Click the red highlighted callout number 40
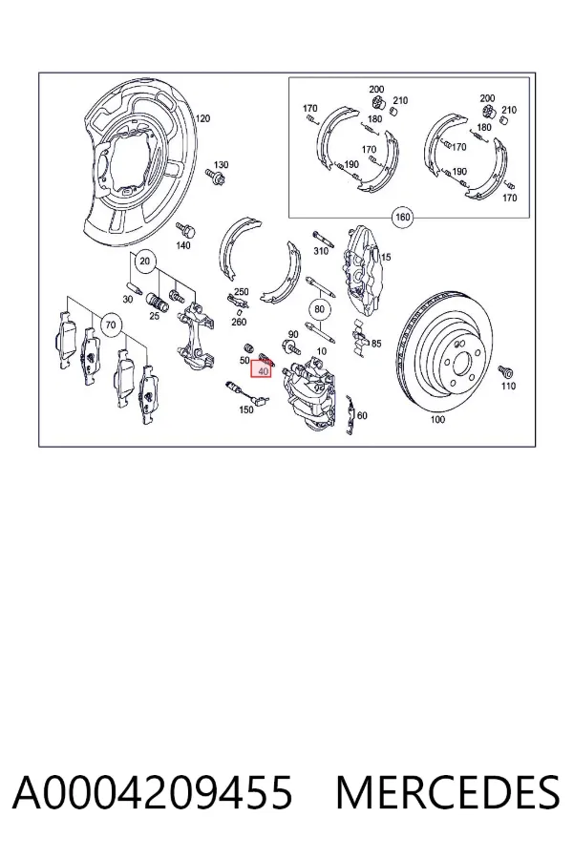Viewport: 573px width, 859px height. (262, 370)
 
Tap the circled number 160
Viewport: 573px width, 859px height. (402, 217)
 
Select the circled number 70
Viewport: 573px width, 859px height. (111, 325)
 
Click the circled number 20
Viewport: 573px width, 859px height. (144, 261)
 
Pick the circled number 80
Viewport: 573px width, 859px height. (320, 309)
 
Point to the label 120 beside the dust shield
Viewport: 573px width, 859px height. (202, 118)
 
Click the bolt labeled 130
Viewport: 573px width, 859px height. (212, 175)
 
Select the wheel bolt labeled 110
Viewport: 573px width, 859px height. (505, 372)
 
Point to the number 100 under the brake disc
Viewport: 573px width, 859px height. (437, 420)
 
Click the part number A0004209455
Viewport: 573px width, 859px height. (153, 792)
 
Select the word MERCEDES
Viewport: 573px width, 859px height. (448, 792)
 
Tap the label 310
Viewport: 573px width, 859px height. (320, 251)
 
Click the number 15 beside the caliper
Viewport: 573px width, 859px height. (386, 257)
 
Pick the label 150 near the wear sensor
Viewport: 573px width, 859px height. (246, 409)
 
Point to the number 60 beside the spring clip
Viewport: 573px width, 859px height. (362, 416)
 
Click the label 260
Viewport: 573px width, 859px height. (239, 323)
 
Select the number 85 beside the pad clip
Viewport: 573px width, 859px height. (376, 344)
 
